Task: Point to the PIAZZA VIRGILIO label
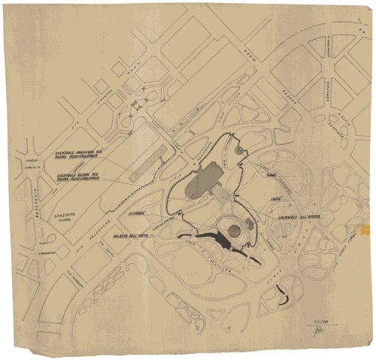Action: coord(32,163)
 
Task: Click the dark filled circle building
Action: coord(234,230)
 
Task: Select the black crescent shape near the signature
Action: coord(284,294)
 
